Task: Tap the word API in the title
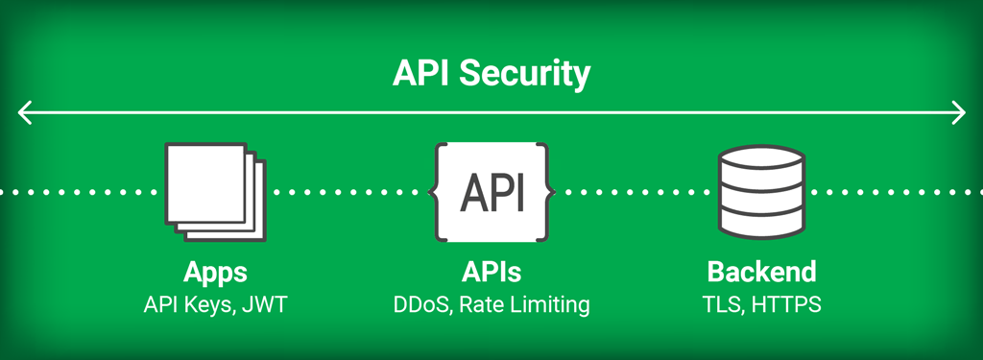pyautogui.click(x=423, y=74)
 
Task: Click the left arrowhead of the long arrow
pyautogui.click(x=24, y=113)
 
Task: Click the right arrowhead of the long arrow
pyautogui.click(x=958, y=113)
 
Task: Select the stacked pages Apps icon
pyautogui.click(x=212, y=189)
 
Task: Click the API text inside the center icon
pyautogui.click(x=491, y=192)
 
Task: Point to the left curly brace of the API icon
pyautogui.click(x=435, y=192)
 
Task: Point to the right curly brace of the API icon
pyautogui.click(x=549, y=192)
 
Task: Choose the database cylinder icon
pyautogui.click(x=761, y=192)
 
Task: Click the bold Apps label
pyautogui.click(x=215, y=272)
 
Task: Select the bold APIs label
pyautogui.click(x=491, y=272)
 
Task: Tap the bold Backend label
pyautogui.click(x=761, y=272)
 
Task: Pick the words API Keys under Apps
pyautogui.click(x=188, y=305)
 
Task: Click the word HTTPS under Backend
pyautogui.click(x=786, y=305)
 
